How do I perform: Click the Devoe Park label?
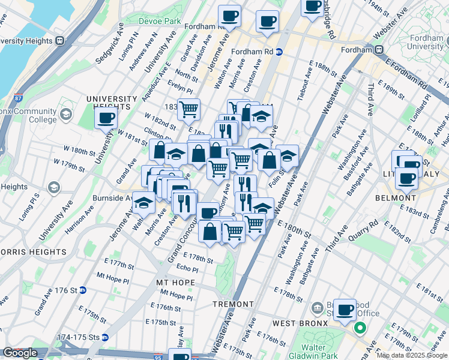[x=159, y=21]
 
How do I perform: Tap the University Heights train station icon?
[x=60, y=41]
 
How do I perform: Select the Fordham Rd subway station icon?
[x=279, y=52]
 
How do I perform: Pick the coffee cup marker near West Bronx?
[x=345, y=310]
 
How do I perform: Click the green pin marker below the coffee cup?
[x=360, y=328]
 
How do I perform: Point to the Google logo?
[x=20, y=353]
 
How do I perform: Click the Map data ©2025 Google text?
[x=412, y=356]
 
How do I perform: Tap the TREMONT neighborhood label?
[x=233, y=304]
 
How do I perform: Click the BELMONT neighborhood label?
[x=396, y=198]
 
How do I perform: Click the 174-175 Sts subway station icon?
[x=104, y=337]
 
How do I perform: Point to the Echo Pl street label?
[x=187, y=268]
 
